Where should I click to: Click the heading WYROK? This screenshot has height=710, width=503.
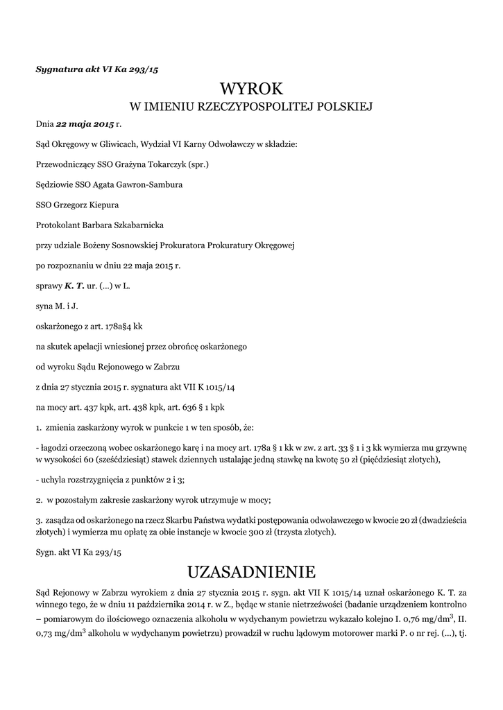coord(251,89)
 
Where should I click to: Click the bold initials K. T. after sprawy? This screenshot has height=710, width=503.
coord(74,285)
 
